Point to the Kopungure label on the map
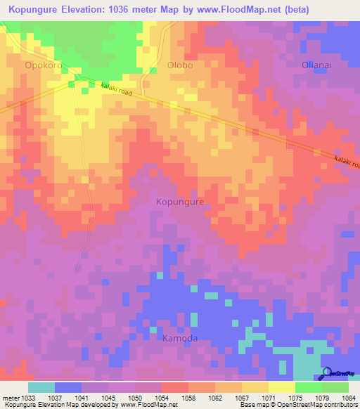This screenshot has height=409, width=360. (180, 202)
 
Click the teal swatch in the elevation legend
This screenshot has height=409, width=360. (41, 387)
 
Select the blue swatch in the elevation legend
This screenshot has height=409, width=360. (68, 387)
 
